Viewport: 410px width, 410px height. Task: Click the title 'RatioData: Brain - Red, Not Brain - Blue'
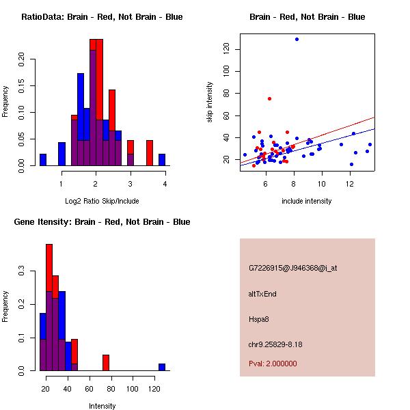(x=102, y=17)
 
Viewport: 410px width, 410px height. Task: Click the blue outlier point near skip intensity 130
(x=297, y=39)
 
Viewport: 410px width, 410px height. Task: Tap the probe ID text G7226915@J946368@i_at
(x=292, y=268)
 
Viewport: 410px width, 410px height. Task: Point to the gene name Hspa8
(x=258, y=319)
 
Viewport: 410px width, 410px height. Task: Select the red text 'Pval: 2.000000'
(x=273, y=364)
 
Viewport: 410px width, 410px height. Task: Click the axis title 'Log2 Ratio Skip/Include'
(x=102, y=201)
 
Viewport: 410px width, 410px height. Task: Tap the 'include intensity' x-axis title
(x=307, y=201)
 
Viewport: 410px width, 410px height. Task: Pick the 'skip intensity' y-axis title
(x=210, y=102)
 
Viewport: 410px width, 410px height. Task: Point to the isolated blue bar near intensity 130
(x=162, y=367)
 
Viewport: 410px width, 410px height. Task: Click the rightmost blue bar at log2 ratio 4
(x=162, y=160)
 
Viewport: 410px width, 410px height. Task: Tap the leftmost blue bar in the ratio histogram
(x=43, y=160)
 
